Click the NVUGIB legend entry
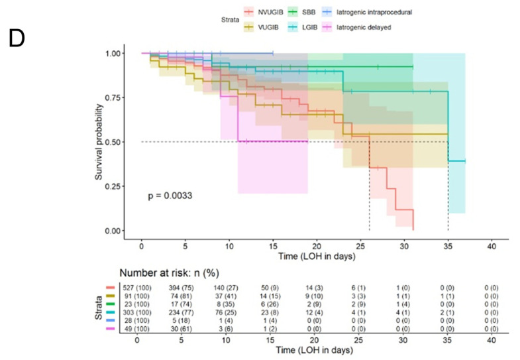click(x=264, y=13)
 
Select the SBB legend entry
click(x=302, y=13)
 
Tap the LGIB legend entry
click(x=303, y=27)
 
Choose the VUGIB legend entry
click(x=262, y=27)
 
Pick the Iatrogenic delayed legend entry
click(x=357, y=27)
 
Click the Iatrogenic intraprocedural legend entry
click(x=367, y=13)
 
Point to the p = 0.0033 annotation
click(x=170, y=196)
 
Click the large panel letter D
click(x=17, y=38)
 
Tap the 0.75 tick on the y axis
click(x=113, y=97)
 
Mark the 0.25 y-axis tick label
click(x=113, y=186)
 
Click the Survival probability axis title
click(x=99, y=142)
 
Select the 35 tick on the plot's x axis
click(x=448, y=246)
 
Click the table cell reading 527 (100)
click(x=137, y=288)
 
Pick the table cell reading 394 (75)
click(x=181, y=288)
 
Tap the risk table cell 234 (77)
click(x=181, y=312)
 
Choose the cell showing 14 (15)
click(x=270, y=296)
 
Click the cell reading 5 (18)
click(x=181, y=321)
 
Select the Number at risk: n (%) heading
click(x=170, y=273)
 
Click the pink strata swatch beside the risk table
click(x=111, y=329)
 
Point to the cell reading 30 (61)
click(x=181, y=329)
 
